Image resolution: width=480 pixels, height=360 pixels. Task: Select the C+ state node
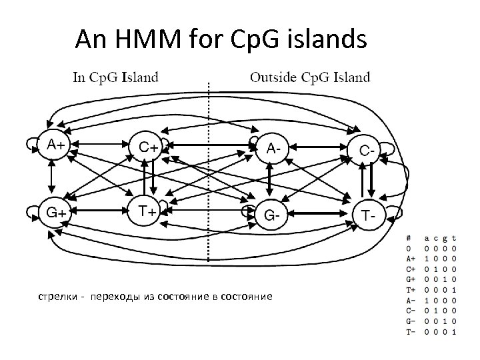[x=148, y=145]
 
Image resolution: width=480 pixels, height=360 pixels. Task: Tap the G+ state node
[x=55, y=213]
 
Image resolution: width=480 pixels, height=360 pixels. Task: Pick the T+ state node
[x=147, y=211]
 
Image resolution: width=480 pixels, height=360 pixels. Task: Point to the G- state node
[x=272, y=215]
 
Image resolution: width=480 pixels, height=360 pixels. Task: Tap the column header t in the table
[x=454, y=237]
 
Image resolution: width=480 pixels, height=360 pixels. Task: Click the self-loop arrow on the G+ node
[x=30, y=213]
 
